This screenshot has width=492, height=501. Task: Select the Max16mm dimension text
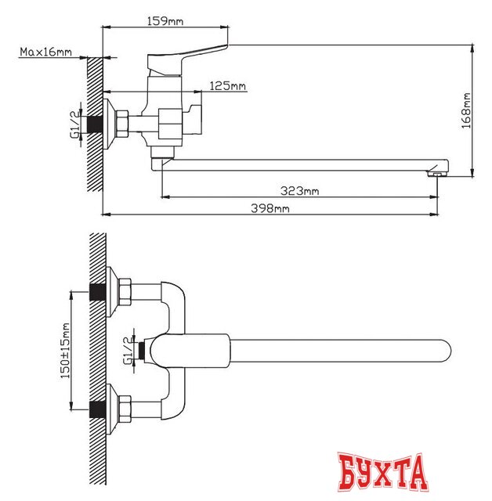[45, 52]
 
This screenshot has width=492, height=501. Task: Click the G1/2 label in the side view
[75, 124]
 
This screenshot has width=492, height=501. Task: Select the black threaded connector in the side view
[96, 124]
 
